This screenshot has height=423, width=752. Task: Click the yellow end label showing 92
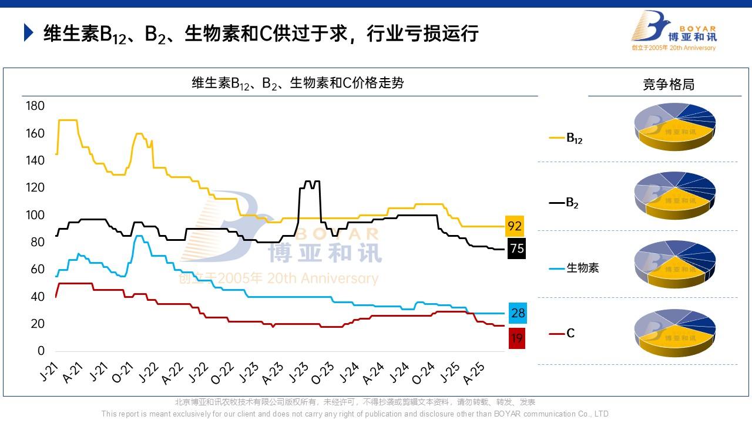pos(515,226)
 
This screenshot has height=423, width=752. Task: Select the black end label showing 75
pos(516,249)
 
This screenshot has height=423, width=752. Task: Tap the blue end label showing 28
pos(518,313)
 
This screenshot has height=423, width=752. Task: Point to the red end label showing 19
pos(516,338)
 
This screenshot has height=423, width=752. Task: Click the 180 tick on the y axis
pos(35,106)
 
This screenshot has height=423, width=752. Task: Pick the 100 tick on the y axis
pos(35,215)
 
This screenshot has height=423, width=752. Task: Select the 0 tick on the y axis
pos(41,351)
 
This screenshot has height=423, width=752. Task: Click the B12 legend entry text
pos(574,139)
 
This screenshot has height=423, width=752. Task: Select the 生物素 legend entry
pos(582,268)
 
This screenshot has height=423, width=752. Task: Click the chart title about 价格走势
pos(298,83)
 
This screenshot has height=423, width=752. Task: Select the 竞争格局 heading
pos(669,85)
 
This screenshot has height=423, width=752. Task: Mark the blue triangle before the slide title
pos(28,33)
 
